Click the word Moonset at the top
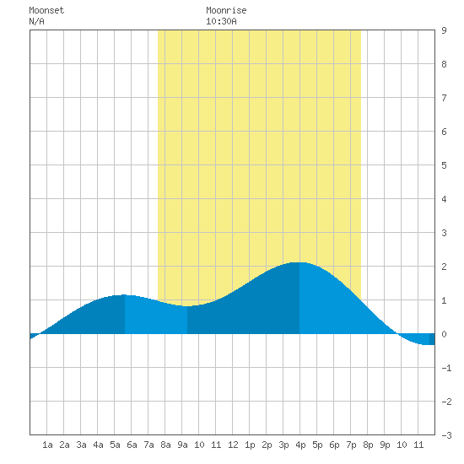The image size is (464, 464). [46, 10]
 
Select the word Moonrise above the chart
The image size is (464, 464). [226, 10]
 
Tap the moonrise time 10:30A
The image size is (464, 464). [221, 21]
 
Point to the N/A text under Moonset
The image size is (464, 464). [36, 21]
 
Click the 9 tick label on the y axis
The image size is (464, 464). [444, 30]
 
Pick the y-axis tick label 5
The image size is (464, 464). [444, 165]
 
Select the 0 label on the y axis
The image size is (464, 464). [444, 334]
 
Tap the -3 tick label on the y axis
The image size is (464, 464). [446, 435]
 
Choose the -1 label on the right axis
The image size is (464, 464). [446, 368]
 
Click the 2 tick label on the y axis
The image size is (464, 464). [444, 267]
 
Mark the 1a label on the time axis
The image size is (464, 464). [47, 445]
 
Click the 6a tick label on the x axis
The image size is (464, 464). [132, 445]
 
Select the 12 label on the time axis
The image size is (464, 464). [233, 445]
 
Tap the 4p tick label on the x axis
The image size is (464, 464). [300, 445]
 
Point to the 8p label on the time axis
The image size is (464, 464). [368, 445]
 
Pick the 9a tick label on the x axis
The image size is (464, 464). [182, 445]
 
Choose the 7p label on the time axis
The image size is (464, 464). [351, 445]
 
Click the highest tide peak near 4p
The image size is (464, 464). [299, 262]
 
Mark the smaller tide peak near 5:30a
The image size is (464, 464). [125, 295]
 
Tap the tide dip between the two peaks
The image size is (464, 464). [187, 306]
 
